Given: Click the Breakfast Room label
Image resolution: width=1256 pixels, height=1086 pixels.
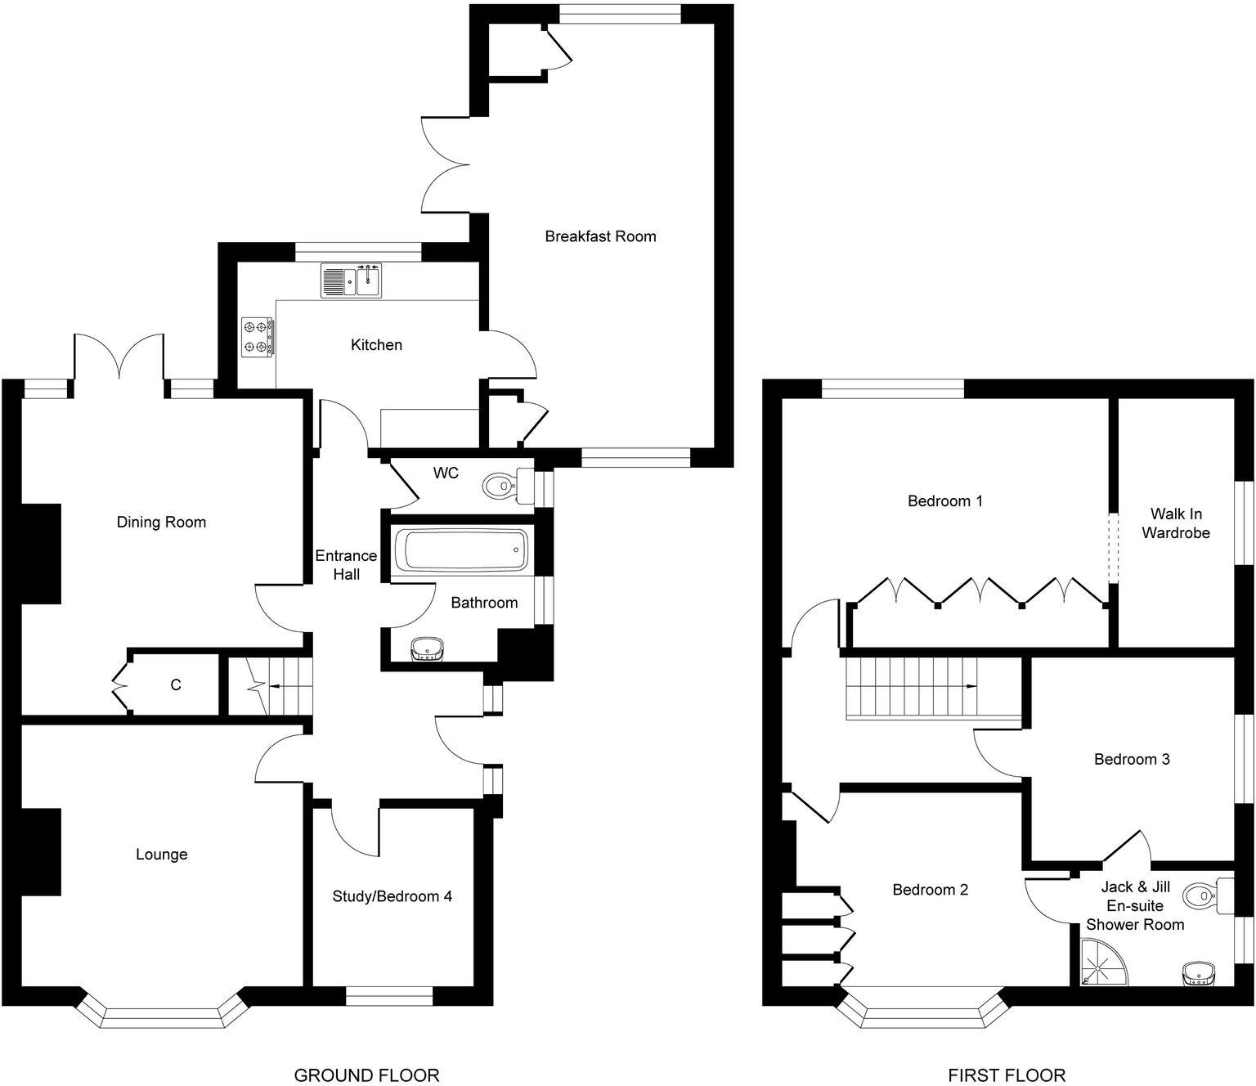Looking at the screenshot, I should click(600, 236).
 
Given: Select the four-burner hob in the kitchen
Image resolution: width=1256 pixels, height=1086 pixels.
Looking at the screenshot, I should click(258, 336).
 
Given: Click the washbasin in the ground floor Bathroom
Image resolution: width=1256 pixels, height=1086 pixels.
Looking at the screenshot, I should click(428, 649).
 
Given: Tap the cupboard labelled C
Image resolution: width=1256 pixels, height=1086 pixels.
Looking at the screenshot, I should click(175, 684).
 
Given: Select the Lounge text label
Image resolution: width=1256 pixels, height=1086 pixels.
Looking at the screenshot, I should click(161, 855).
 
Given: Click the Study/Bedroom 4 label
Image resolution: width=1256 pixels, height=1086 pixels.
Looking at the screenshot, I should click(392, 896).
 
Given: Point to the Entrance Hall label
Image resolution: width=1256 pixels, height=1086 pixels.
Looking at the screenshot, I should click(346, 564).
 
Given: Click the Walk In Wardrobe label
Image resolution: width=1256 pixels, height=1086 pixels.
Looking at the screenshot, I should click(1175, 523).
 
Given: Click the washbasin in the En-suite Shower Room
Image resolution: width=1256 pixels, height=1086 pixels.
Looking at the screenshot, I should click(1198, 974).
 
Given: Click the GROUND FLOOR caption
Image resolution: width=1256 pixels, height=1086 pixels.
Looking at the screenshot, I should click(366, 1075).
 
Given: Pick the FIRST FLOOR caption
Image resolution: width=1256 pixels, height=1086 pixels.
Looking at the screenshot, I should click(1007, 1075).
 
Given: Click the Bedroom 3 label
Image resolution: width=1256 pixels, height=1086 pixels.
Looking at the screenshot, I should click(1132, 760).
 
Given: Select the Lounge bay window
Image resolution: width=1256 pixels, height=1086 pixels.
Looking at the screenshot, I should click(162, 1015).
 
